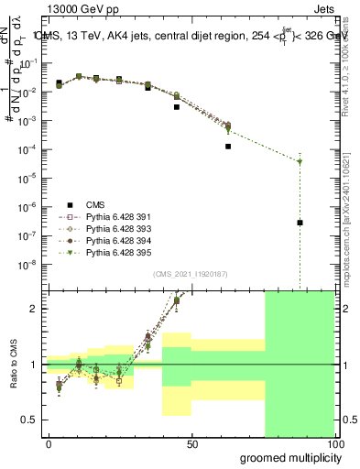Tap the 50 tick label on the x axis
192,444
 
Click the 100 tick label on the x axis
334,444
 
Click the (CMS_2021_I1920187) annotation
191,274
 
